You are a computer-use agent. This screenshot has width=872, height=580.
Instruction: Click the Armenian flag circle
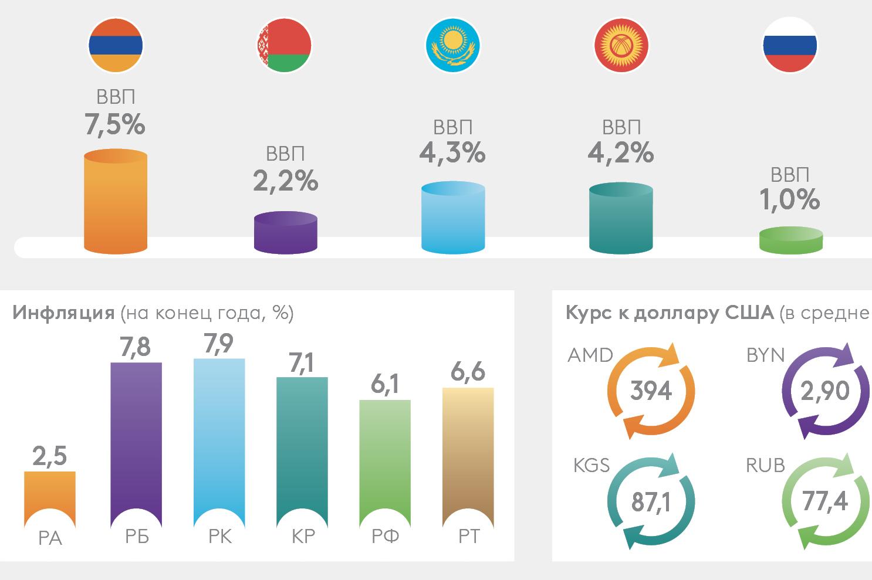tap(116, 45)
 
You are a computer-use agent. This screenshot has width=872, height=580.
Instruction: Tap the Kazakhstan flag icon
tap(452, 45)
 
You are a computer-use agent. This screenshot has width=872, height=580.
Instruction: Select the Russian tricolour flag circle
tap(789, 45)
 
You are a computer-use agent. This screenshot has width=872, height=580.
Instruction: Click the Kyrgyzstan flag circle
tap(621, 45)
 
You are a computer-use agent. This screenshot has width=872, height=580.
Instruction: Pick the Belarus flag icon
tap(284, 45)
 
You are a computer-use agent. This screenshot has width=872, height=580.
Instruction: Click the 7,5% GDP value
tap(115, 124)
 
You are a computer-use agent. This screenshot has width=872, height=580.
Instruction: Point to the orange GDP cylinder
tap(116, 202)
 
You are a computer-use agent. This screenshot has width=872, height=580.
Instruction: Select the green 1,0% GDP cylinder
tap(790, 240)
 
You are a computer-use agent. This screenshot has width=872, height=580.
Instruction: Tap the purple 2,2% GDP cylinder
tap(286, 233)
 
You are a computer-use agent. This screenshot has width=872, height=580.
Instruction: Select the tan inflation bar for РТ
tap(468, 452)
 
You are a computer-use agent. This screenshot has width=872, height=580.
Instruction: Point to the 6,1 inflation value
tap(385, 384)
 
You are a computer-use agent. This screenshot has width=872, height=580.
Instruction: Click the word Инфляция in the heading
tap(63, 313)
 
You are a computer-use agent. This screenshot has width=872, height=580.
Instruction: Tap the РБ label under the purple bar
tap(137, 536)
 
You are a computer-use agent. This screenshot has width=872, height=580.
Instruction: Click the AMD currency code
tap(590, 355)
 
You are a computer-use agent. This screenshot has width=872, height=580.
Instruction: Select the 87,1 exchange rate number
tap(651, 502)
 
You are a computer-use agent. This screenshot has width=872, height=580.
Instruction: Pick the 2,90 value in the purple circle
tap(825, 391)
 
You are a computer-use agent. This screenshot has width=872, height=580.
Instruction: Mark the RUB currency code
tap(765, 466)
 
